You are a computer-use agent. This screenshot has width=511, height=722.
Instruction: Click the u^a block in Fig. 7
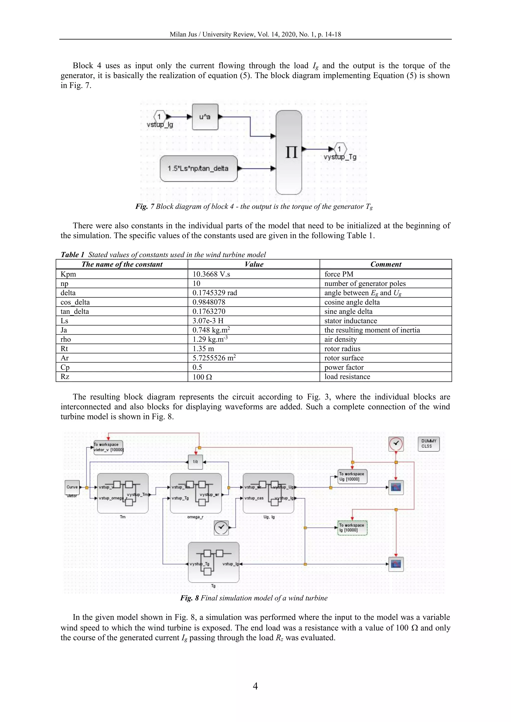pos(205,117)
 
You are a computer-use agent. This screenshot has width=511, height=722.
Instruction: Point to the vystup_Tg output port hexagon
pos(340,149)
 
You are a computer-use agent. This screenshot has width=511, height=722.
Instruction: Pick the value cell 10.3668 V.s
pos(211,274)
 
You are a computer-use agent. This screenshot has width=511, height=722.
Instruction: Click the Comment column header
pos(385,264)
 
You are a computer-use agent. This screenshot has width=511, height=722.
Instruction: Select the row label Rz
pos(65,377)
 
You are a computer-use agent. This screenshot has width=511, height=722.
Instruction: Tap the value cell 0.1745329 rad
pos(215,293)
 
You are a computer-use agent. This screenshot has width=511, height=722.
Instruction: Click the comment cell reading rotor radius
pos(342,349)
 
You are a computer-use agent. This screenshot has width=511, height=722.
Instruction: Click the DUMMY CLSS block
pos(429,444)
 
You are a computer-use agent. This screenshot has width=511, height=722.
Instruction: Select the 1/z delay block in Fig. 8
pos(195,462)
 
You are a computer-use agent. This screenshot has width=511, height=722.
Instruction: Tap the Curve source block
pos(72,487)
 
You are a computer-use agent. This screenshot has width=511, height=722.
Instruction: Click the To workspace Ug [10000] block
pos(352,476)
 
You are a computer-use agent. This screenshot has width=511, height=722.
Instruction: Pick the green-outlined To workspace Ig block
pos(352,528)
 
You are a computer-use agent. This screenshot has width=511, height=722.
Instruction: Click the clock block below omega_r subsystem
pos(221,527)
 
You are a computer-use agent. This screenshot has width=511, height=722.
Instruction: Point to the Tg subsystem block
pos(213,562)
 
